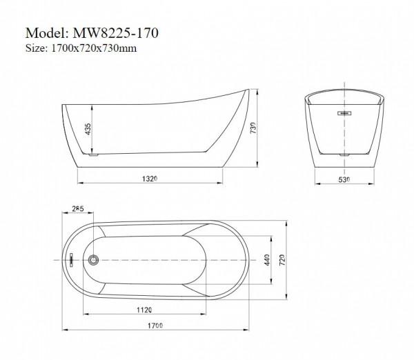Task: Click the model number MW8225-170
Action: [x=116, y=33]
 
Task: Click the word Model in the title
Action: [x=47, y=33]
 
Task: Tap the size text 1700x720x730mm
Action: [x=94, y=48]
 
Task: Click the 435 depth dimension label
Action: [x=88, y=129]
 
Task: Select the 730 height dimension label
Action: [x=253, y=128]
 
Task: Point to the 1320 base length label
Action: [x=150, y=179]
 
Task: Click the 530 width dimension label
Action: [x=344, y=180]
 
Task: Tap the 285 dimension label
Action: [x=78, y=208]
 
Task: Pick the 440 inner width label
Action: [x=266, y=260]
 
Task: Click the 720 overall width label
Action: [x=282, y=260]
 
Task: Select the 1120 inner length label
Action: [x=144, y=310]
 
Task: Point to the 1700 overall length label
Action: [x=155, y=326]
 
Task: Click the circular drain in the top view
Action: [x=93, y=260]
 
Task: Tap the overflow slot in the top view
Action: [x=71, y=260]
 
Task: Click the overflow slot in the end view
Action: [x=344, y=113]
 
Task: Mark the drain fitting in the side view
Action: [x=93, y=154]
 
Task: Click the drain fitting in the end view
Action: [x=344, y=155]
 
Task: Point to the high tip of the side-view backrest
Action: [x=248, y=89]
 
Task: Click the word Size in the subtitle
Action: [x=36, y=48]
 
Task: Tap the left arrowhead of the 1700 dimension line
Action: [x=64, y=330]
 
